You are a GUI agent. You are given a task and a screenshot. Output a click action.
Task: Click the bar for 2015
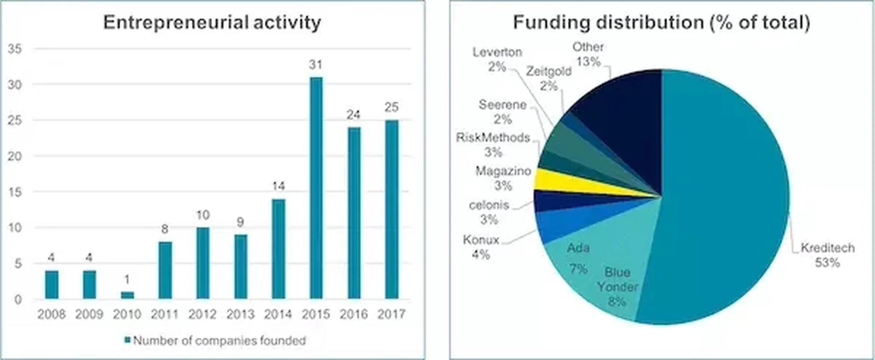tap(316, 188)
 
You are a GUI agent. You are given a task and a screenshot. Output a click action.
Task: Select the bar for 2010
tap(127, 295)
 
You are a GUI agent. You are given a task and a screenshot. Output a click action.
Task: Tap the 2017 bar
tap(391, 209)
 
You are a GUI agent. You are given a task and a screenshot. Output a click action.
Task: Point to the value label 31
tap(315, 65)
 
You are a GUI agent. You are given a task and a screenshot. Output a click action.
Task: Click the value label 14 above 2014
tap(278, 186)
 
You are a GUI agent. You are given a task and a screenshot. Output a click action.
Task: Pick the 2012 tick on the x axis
tap(202, 314)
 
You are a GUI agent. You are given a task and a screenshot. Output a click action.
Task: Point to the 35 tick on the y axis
tap(15, 49)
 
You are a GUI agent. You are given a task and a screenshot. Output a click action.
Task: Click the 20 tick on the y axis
tap(15, 156)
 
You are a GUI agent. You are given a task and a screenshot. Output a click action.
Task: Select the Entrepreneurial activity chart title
tap(212, 22)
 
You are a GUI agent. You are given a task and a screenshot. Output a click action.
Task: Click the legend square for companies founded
tap(128, 340)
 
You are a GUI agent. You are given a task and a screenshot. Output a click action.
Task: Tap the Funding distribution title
tap(661, 22)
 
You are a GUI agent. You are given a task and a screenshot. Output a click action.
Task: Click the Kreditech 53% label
tap(827, 255)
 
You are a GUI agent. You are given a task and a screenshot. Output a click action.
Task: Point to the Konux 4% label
tap(481, 247)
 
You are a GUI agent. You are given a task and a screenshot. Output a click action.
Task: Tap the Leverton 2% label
tap(497, 59)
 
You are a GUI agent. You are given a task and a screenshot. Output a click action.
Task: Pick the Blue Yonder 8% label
tap(617, 286)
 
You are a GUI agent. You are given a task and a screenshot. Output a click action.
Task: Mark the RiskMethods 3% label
tap(493, 144)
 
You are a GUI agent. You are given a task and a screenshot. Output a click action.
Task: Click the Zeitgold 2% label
tap(549, 78)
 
